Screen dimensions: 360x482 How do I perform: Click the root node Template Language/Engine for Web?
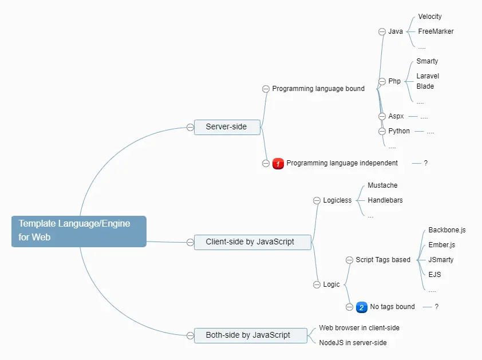coord(78,231)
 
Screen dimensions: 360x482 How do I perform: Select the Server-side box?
coord(227,126)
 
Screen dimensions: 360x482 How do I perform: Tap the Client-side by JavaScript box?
coord(250,242)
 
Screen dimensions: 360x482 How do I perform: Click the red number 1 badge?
coord(278,164)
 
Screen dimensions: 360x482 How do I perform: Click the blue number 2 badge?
coord(361,307)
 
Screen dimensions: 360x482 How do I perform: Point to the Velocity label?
coord(429,17)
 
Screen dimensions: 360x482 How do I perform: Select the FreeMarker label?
coord(435,31)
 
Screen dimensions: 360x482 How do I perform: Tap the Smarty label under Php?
coord(427,61)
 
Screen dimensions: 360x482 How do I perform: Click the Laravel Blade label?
coord(428,81)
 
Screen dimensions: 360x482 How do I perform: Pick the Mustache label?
coord(382,185)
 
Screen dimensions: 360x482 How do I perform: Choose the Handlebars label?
coord(385,200)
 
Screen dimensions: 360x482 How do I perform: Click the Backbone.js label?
coord(447,230)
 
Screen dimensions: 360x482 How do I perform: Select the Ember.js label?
coord(441,245)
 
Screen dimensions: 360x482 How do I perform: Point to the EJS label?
coord(434,275)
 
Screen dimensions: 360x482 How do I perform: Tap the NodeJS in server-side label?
coord(353,342)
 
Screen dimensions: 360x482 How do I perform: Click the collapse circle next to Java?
coord(382,31)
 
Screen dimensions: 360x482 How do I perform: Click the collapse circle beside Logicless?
coord(317,200)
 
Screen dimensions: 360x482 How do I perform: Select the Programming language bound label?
coord(318,89)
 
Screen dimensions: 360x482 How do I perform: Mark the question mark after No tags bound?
coord(436,307)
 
